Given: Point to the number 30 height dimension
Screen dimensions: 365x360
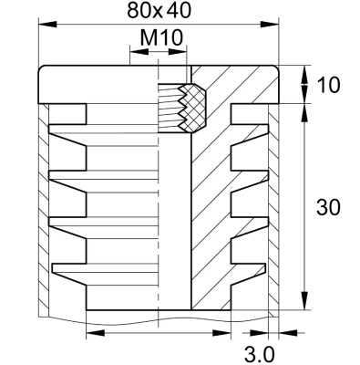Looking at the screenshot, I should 329,207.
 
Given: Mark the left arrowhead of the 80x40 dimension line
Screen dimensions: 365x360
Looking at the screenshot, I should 42,26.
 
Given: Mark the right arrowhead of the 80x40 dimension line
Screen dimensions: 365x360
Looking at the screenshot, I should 274,26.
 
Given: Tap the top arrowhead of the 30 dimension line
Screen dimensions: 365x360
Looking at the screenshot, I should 303,109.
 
